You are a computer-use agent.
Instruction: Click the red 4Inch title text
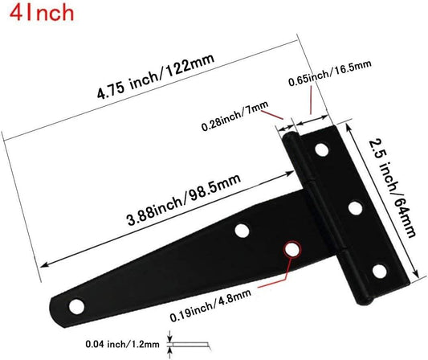(x=42, y=13)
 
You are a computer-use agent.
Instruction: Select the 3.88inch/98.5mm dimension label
(x=184, y=199)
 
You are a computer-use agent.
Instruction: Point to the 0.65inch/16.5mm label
(x=330, y=73)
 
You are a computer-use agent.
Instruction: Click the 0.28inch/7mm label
(x=235, y=116)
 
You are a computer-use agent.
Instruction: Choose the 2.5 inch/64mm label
(x=392, y=189)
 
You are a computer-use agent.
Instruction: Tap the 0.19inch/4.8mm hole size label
(x=210, y=305)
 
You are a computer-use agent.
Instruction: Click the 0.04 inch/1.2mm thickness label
(x=122, y=344)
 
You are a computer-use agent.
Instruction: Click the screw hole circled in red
(x=291, y=249)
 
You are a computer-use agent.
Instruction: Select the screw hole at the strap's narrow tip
(x=77, y=306)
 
